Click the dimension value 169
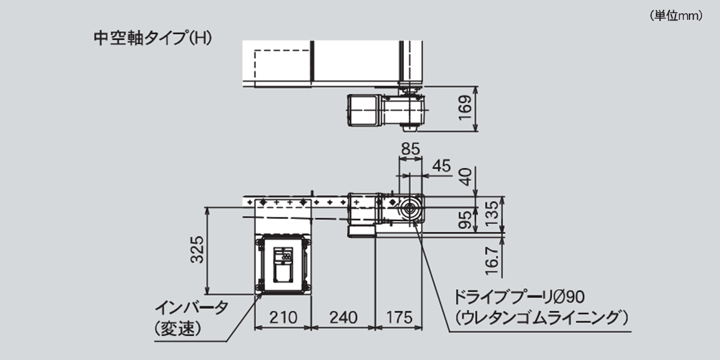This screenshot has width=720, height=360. coord(465,108)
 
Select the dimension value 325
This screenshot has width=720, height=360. coord(197,250)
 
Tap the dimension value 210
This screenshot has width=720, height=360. coord(283,317)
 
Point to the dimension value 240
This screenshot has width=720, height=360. coord(343,317)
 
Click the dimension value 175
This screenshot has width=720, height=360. coord(399,317)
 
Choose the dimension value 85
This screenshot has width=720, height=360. coord(410,149)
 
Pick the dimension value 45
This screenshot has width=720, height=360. coord(442,166)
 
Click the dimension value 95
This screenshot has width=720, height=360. coord(465,220)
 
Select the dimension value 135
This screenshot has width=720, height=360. coord(492,214)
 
